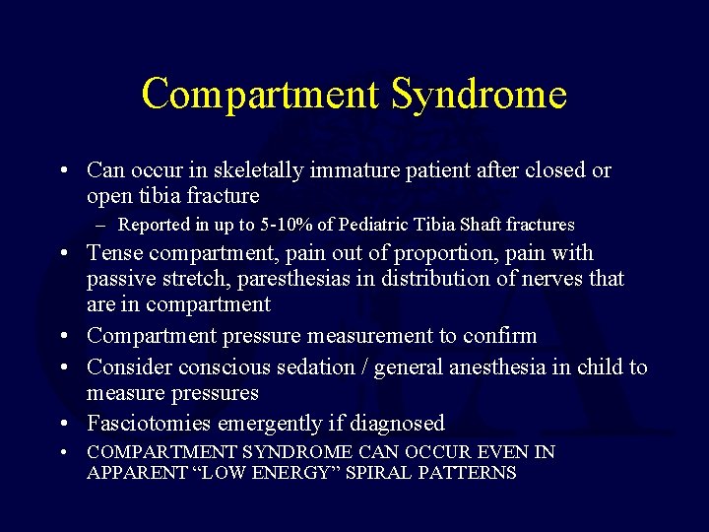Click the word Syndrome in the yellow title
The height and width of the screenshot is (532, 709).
479,96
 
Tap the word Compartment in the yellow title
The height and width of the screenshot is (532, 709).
259,96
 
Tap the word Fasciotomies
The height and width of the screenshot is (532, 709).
149,424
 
